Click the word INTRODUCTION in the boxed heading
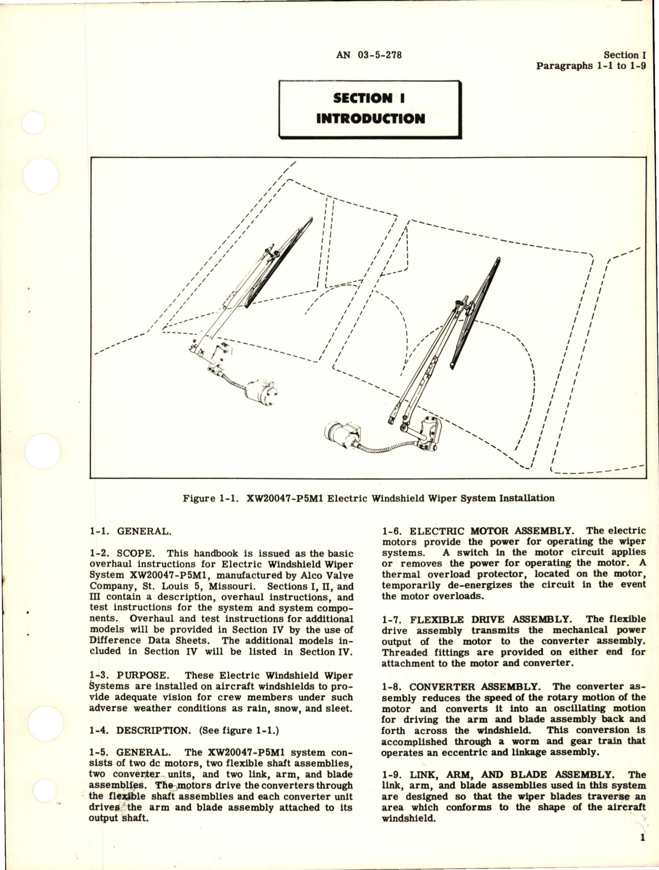point(370,118)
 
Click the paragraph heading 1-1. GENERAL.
point(130,531)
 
